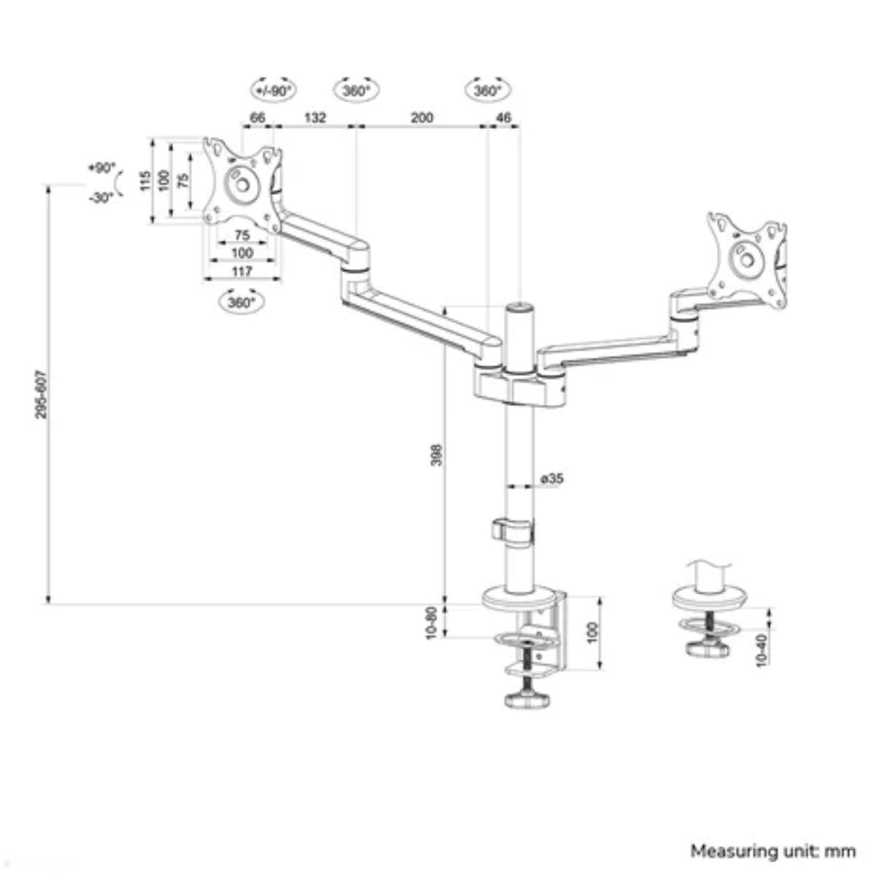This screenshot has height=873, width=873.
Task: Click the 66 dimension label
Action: coord(257,117)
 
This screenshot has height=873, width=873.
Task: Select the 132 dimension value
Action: coord(314,117)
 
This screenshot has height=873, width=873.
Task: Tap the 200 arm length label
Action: coord(422,117)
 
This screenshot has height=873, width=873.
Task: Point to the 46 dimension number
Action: coord(503,117)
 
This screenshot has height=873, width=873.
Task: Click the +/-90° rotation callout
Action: coord(274,90)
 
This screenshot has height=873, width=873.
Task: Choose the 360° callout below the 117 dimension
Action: coord(241,302)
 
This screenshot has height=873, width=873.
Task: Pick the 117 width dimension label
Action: coord(242,271)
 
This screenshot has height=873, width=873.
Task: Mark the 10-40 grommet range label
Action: coord(761,650)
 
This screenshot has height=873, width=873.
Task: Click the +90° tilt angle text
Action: coord(101,168)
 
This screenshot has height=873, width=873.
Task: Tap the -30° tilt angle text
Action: coord(101,197)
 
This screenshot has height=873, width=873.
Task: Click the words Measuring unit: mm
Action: coord(773,850)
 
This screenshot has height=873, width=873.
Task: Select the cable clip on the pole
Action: coord(512,530)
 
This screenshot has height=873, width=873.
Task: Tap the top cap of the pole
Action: coord(519,309)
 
